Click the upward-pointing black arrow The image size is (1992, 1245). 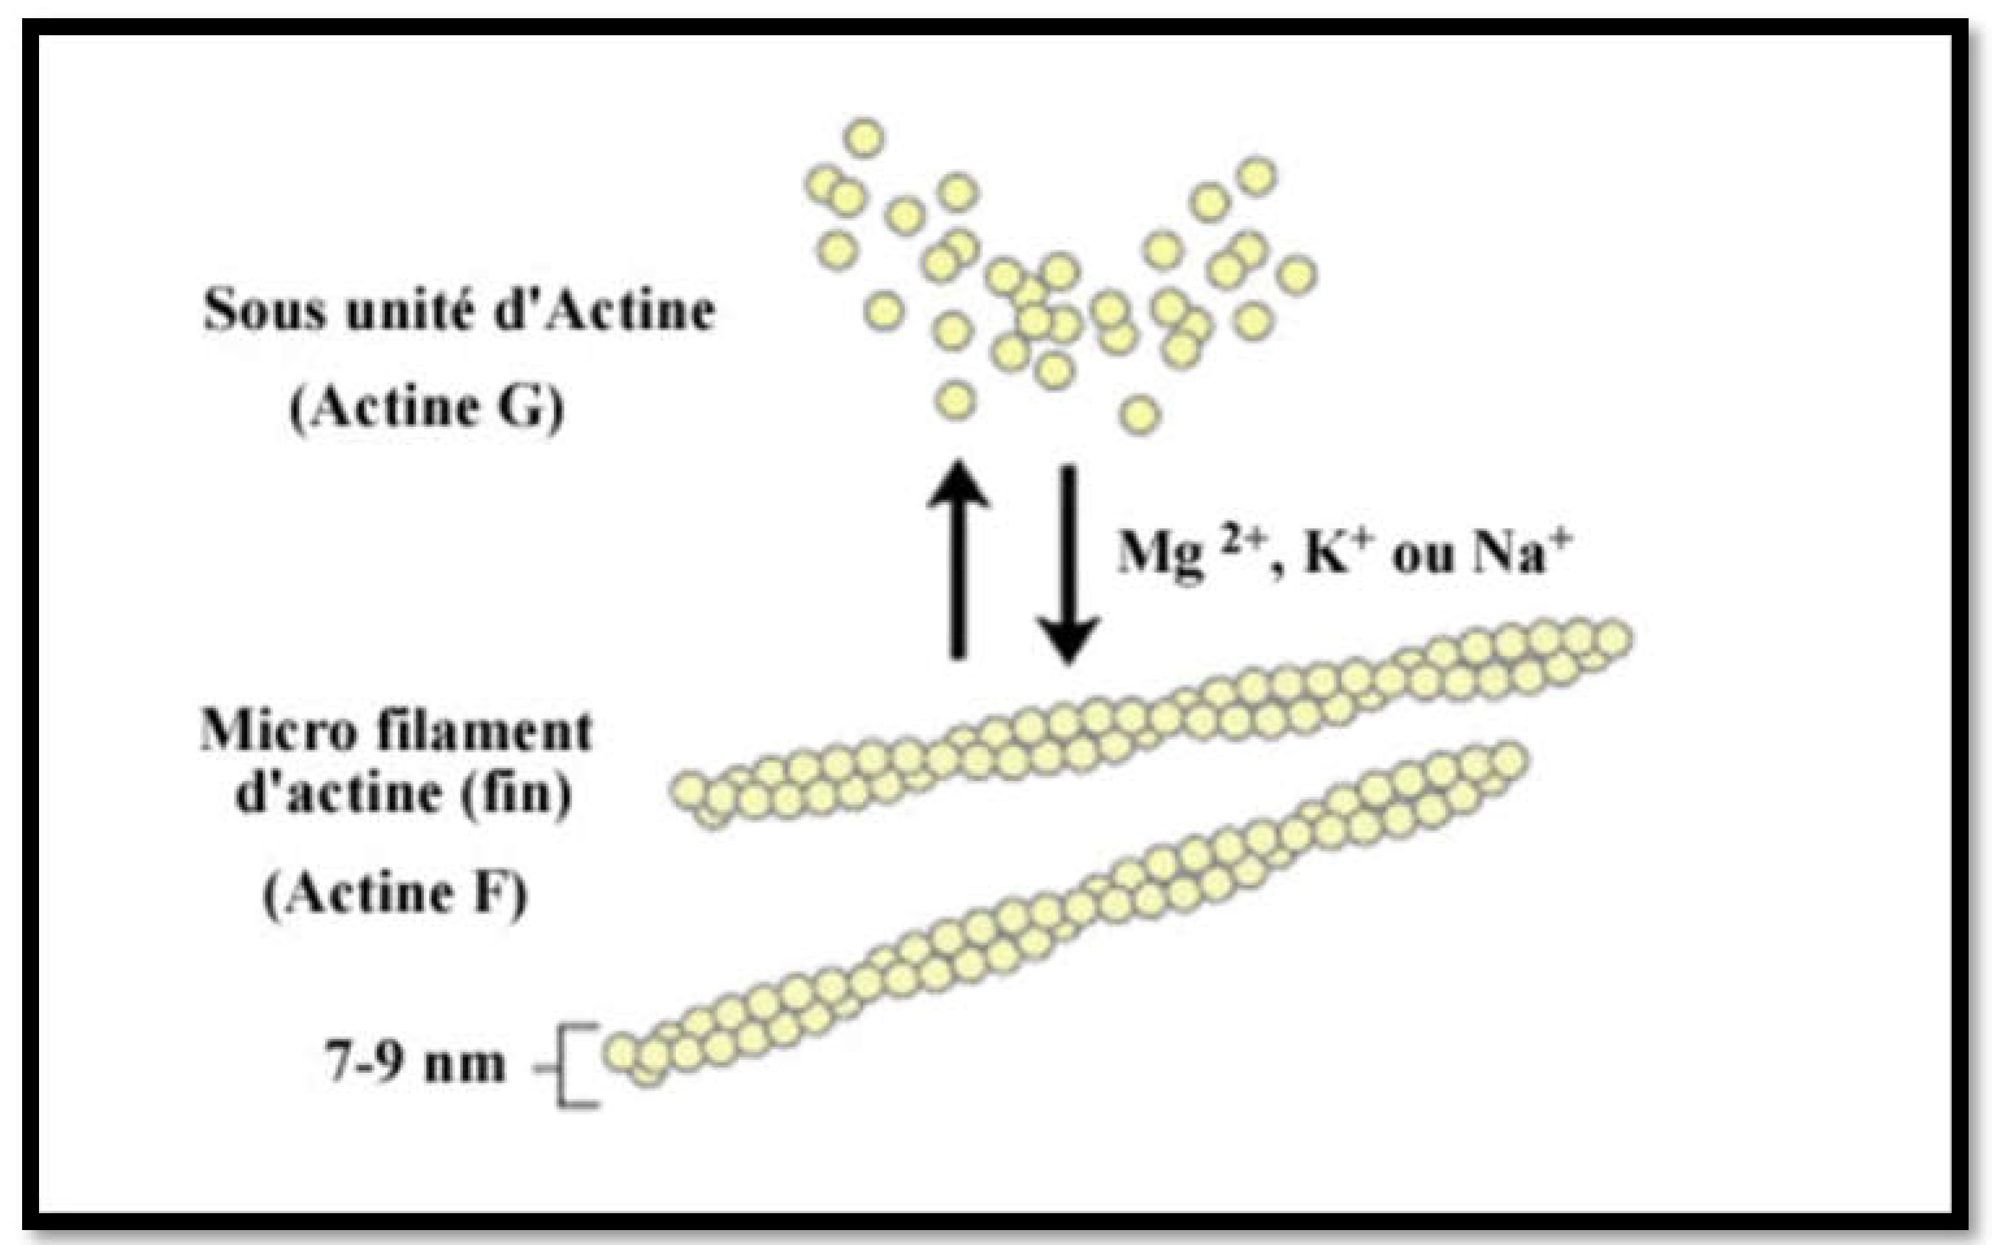point(957,560)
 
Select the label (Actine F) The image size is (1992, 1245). point(395,893)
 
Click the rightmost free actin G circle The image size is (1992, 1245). point(1297,275)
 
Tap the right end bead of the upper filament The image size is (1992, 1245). point(1613,638)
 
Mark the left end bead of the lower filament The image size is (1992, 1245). point(622,1052)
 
